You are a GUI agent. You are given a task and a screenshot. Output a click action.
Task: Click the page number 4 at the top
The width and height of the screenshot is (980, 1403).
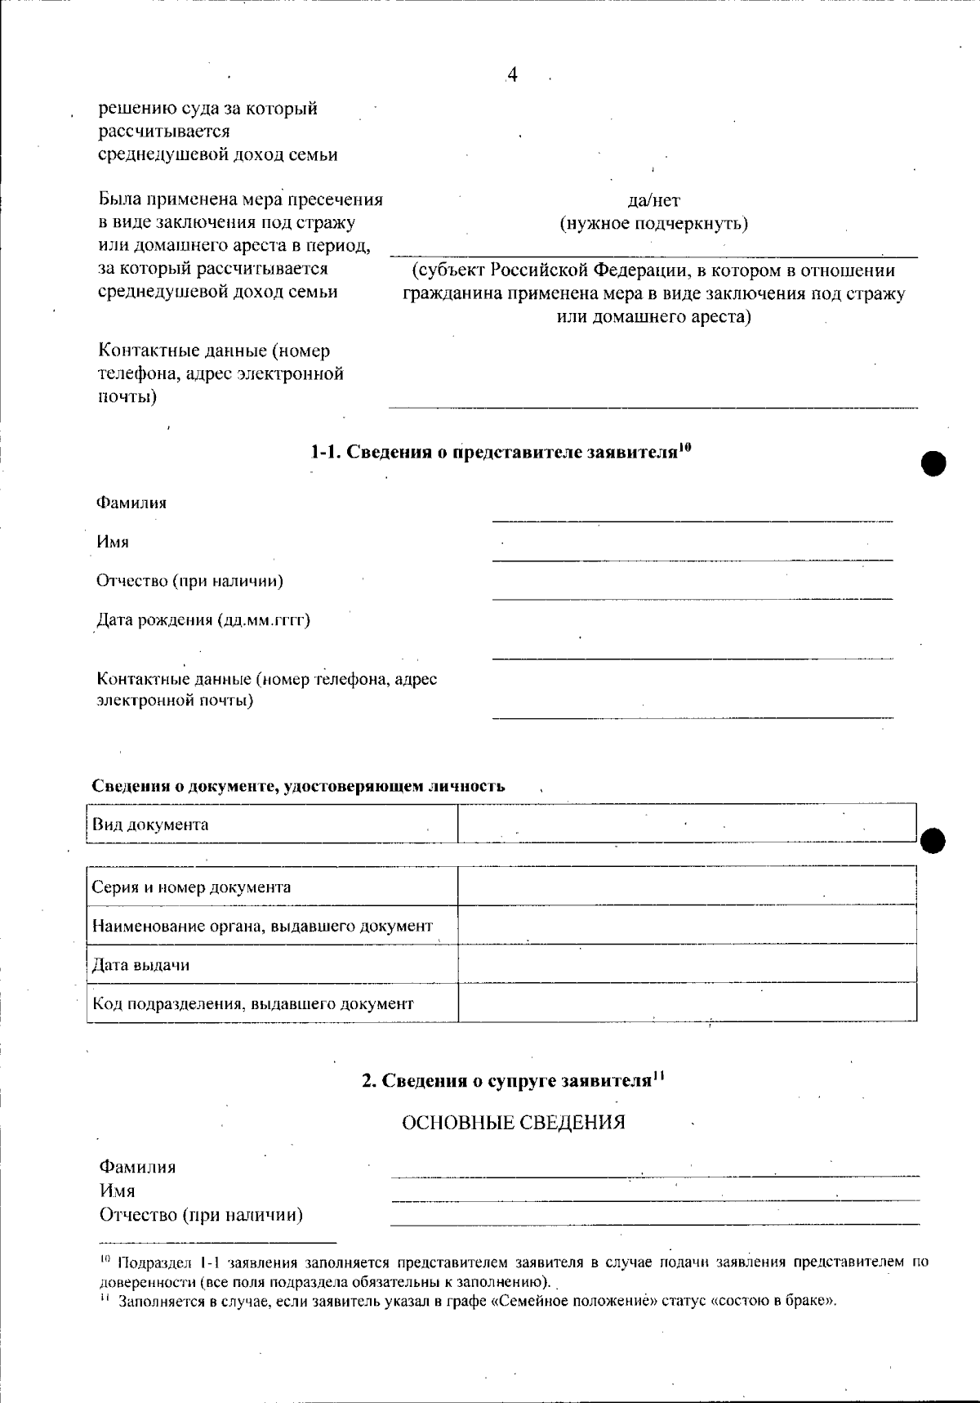tap(512, 75)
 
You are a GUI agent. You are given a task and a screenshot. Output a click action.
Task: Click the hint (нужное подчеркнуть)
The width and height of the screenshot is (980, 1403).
tap(653, 223)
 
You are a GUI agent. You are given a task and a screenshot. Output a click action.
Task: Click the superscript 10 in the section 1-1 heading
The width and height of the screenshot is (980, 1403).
tap(685, 446)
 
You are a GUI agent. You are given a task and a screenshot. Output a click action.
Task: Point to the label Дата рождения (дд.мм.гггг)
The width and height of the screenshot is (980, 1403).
tap(203, 619)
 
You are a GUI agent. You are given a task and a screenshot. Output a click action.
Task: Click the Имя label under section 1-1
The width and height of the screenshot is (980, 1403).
tap(113, 542)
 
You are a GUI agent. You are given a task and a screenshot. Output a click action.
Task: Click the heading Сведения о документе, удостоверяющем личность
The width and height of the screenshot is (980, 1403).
tap(297, 786)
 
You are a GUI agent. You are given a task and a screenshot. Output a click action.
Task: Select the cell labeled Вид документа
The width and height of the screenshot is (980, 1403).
tap(150, 824)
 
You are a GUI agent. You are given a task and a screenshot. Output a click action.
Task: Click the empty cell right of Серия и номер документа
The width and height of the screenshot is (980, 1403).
tap(686, 886)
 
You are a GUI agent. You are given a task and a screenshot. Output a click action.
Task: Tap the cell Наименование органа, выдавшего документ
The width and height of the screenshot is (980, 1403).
tap(262, 926)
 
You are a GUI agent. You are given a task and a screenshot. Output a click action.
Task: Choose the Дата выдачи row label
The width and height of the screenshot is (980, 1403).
tap(140, 965)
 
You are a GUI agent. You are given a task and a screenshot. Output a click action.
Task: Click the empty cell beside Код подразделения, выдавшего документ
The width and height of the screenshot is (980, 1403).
tap(686, 1003)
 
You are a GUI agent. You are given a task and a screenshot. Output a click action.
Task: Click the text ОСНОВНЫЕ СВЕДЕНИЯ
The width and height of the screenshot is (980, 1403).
tap(513, 1123)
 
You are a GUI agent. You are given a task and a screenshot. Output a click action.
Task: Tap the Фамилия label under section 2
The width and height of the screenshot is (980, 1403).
tap(137, 1167)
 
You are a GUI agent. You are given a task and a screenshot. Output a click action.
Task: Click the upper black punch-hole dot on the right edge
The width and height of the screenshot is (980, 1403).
tap(933, 463)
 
